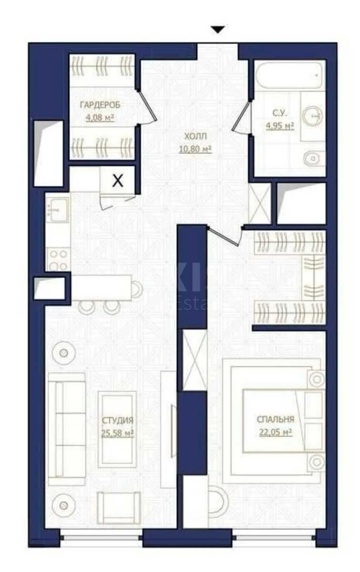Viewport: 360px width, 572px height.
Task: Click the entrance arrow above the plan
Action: [218, 30]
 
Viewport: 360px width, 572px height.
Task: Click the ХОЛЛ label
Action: [194, 136]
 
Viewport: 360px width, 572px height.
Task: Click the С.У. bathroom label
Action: [279, 113]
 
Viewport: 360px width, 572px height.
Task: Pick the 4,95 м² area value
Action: [279, 126]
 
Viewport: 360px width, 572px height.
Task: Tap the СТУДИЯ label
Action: [117, 420]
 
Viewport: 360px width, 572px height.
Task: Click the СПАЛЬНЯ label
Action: [275, 419]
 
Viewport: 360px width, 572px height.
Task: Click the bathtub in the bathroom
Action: [288, 75]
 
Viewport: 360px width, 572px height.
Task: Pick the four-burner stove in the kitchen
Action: [58, 260]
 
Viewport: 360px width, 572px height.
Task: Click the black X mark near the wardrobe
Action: [118, 181]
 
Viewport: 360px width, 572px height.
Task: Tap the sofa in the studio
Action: [67, 425]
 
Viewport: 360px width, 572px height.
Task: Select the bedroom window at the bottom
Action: [275, 537]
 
